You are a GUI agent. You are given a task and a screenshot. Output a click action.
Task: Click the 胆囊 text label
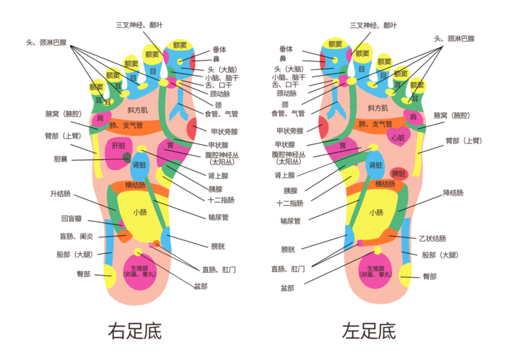[61, 159]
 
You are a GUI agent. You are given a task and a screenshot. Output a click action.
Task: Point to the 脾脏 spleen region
[397, 174]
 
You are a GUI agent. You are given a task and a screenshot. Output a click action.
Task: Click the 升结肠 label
[60, 193]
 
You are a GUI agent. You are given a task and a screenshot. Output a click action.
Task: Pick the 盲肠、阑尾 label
[75, 236]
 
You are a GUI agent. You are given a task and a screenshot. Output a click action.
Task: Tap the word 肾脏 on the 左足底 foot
[376, 166]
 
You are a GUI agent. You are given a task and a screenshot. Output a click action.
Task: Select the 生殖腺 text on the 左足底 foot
[375, 268]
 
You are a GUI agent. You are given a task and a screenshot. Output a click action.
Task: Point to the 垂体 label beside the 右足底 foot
[218, 49]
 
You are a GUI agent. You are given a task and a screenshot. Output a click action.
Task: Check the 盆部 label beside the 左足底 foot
[287, 287]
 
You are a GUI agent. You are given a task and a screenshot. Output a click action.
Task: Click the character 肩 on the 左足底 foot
[413, 117]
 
